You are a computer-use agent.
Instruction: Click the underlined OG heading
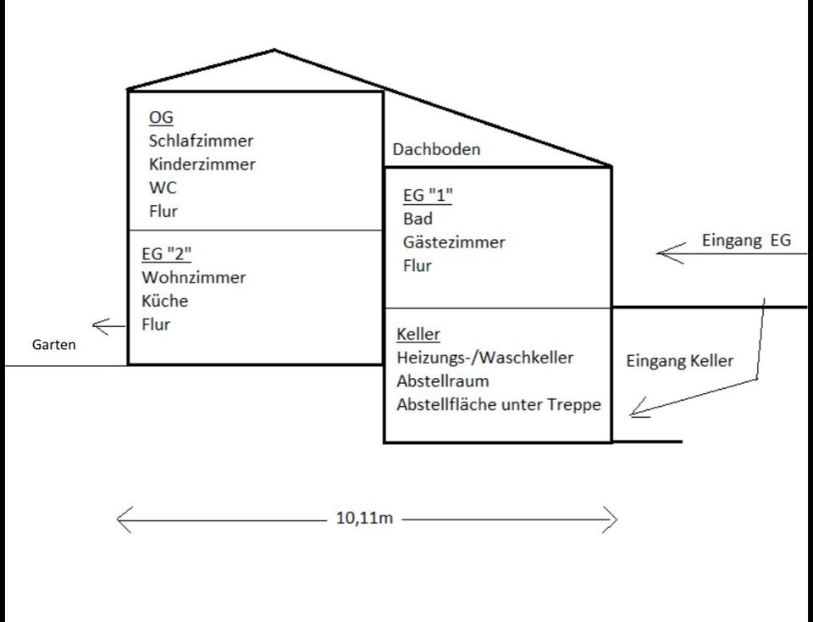pos(160,118)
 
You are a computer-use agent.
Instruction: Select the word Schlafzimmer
pos(201,141)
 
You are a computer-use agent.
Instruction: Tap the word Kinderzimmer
pos(202,164)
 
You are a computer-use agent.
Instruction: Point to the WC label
pos(163,187)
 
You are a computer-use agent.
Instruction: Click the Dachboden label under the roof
pos(436,149)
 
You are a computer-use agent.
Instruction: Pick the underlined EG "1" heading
pos(428,196)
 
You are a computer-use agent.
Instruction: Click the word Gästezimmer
pos(454,242)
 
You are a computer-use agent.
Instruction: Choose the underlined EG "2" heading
pos(168,253)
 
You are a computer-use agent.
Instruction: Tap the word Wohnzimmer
pos(194,277)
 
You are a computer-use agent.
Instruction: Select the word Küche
pos(165,301)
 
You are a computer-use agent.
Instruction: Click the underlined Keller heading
pos(418,334)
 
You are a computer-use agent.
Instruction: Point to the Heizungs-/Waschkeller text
pos(484,358)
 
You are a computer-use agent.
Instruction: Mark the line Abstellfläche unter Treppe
pos(499,404)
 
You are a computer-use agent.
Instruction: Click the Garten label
pos(53,345)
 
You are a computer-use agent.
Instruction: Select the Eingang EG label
pos(746,240)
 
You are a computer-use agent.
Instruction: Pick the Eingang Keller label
pos(679,361)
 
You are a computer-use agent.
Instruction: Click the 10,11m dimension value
pos(364,519)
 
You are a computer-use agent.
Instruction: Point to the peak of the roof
pos(275,50)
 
